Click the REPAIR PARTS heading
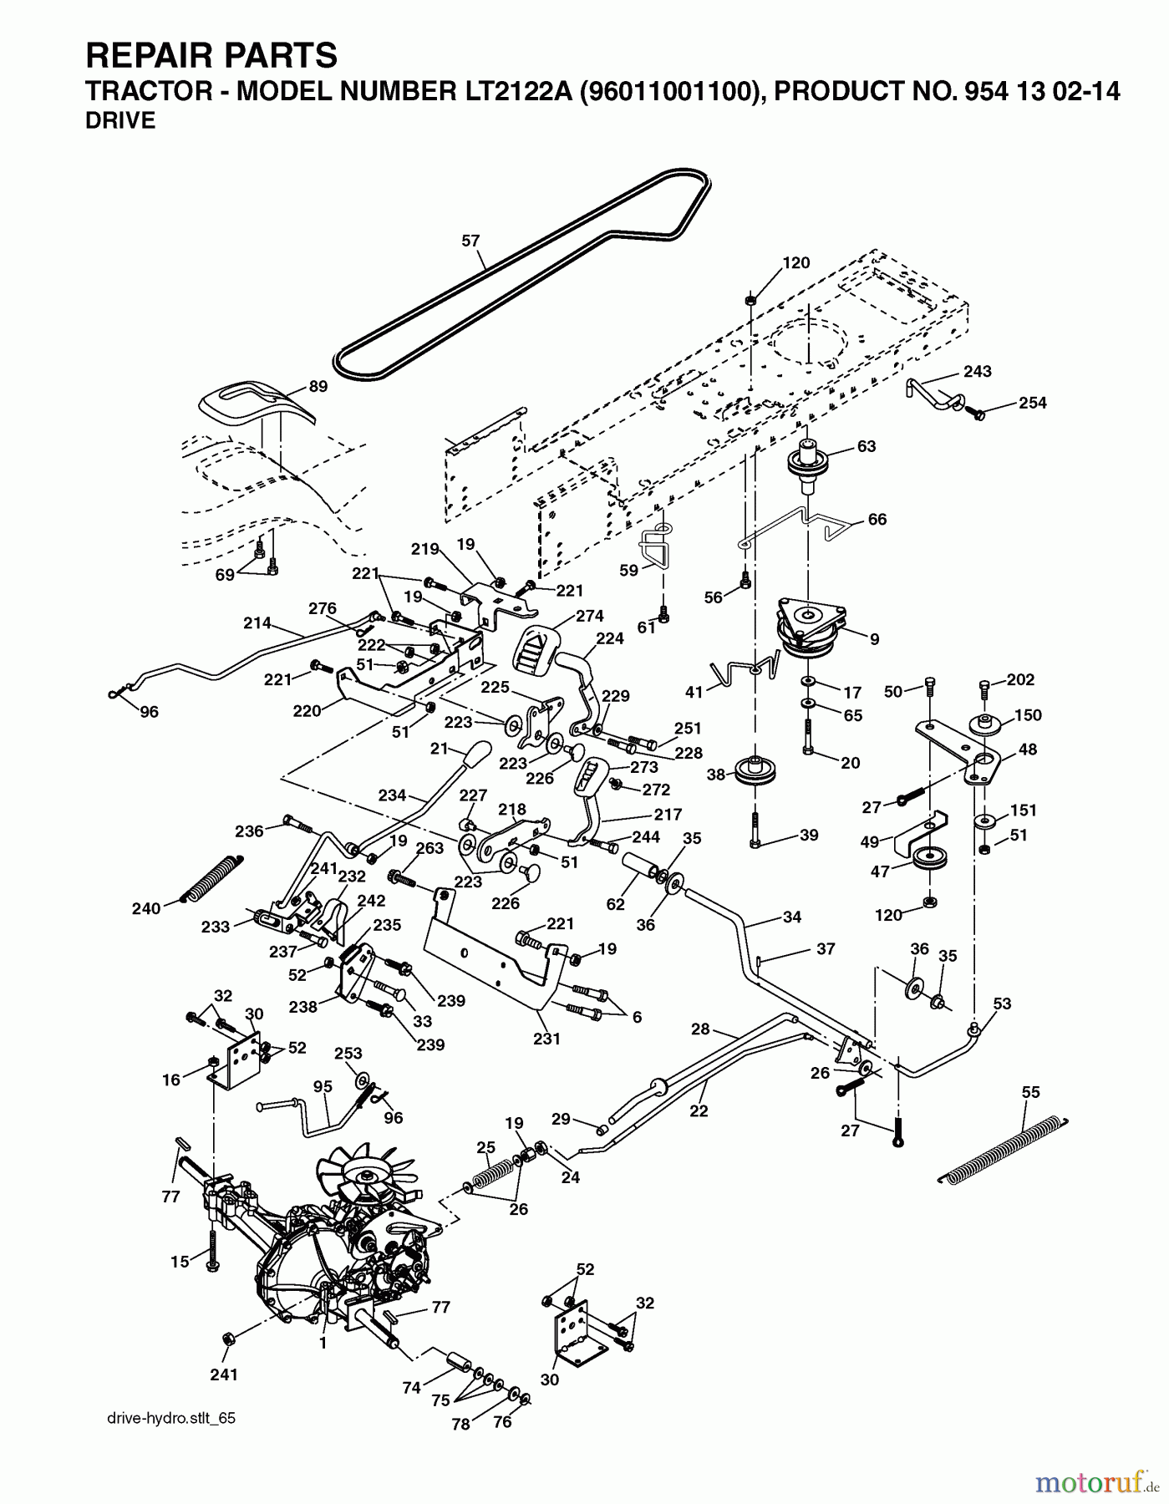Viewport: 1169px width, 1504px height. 211,55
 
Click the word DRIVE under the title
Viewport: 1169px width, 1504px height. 120,121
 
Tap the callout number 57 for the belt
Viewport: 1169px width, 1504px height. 470,241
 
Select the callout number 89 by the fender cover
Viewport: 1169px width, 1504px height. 318,387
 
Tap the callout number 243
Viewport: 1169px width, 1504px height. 977,371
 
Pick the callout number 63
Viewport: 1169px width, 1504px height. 866,446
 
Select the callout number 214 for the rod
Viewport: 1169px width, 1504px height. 257,622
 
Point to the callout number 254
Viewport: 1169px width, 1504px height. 1033,403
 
